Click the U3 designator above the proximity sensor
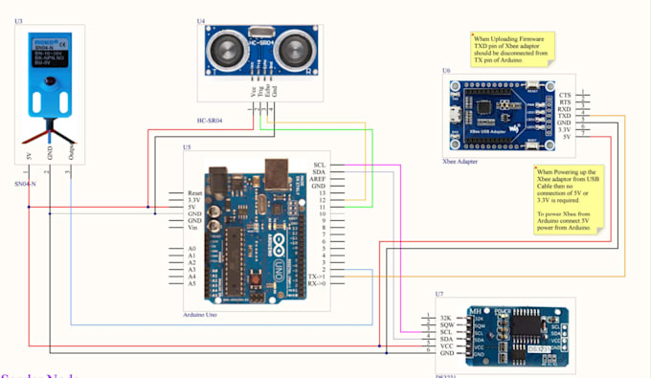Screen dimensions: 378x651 [x=20, y=20]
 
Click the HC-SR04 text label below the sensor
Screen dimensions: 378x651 [x=210, y=119]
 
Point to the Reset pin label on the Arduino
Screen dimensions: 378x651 [x=198, y=193]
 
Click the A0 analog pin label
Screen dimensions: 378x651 [x=192, y=249]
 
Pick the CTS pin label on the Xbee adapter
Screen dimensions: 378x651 [x=565, y=95]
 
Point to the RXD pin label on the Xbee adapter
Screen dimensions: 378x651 [x=564, y=108]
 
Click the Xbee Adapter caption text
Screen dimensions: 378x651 [x=460, y=162]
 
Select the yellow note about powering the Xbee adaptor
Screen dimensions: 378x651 [x=572, y=203]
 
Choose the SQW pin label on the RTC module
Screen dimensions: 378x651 [x=446, y=325]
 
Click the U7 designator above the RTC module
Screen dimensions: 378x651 [x=438, y=294]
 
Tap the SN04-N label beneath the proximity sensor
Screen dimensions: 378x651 [x=26, y=182]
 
